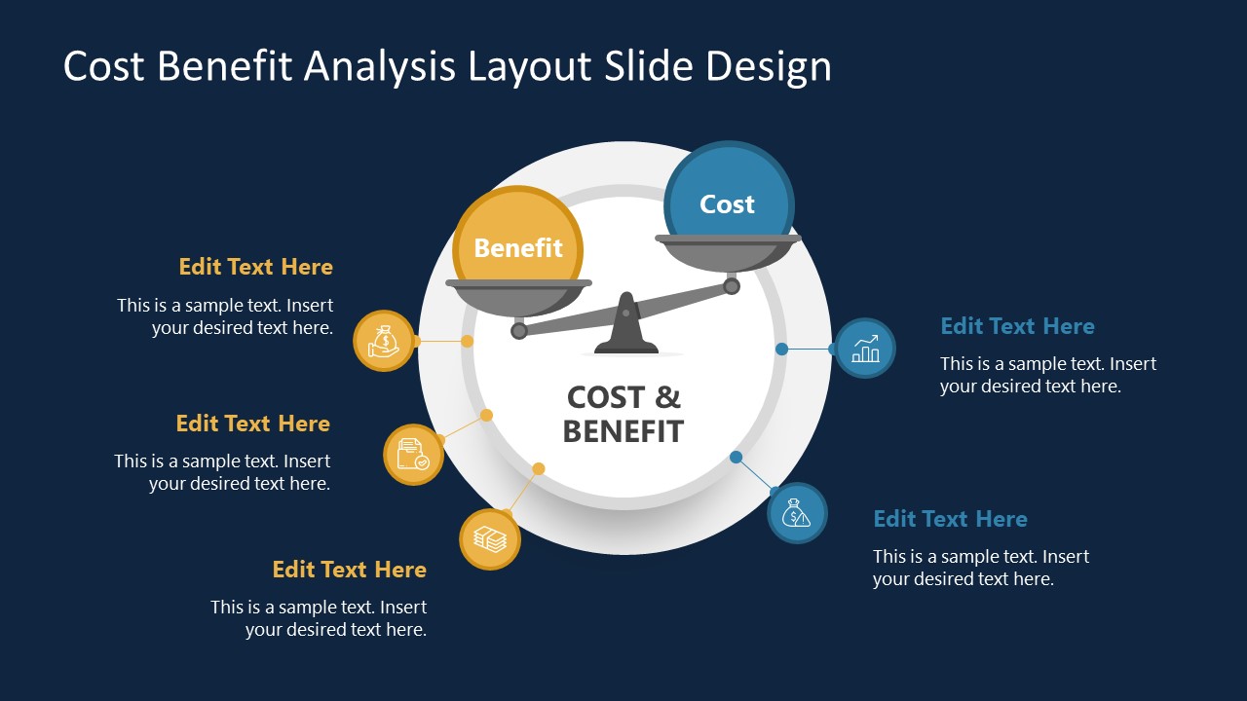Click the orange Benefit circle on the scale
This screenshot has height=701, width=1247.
point(517,243)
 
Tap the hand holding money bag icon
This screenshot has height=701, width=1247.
point(383,341)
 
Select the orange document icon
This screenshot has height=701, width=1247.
point(413,454)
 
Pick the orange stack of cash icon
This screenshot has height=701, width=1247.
point(489,538)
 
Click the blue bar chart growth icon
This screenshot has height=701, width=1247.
point(865,348)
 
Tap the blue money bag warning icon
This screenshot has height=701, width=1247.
point(797,513)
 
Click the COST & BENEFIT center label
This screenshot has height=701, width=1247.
point(623,414)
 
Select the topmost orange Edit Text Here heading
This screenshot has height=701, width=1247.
point(255,267)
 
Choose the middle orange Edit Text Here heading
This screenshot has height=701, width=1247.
point(252,424)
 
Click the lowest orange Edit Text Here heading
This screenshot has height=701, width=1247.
point(349,570)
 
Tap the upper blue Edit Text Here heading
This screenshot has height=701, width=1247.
point(1017,326)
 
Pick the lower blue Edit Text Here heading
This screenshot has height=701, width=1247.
point(950,519)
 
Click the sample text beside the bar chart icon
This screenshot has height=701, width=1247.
point(1047,375)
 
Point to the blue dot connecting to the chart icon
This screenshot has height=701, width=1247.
point(781,349)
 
